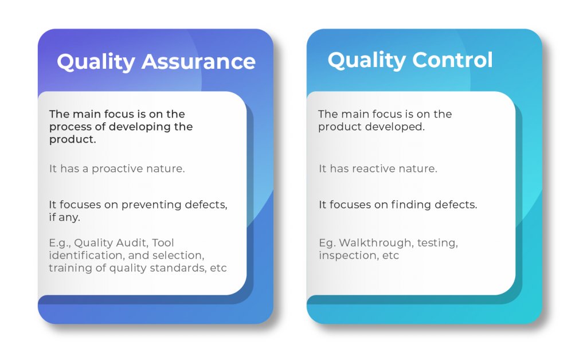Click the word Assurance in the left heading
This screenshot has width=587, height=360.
198,62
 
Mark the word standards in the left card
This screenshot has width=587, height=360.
178,268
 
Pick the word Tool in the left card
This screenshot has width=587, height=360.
163,243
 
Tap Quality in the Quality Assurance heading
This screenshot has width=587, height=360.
96,62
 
